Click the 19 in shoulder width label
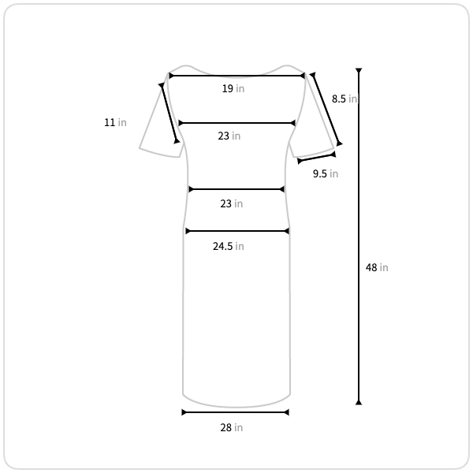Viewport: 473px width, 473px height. [233, 88]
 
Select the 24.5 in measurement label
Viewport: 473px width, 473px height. [229, 247]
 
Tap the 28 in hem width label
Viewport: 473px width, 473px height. [231, 428]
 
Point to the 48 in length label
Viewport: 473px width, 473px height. [377, 267]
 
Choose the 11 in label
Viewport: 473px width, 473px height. [115, 122]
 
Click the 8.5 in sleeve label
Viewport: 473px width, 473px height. [345, 99]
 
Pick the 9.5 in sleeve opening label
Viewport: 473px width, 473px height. [326, 173]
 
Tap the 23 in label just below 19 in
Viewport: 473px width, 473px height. [229, 136]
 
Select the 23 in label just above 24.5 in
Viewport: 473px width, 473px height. [231, 204]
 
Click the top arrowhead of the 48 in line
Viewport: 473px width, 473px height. [359, 71]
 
